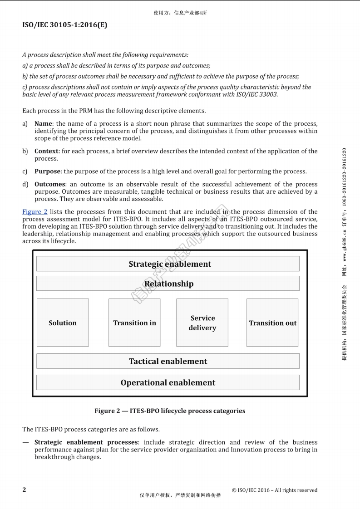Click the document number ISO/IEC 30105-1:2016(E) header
tap(64, 25)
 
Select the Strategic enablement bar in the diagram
tap(168, 264)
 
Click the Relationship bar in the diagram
tap(168, 284)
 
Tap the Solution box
tap(63, 323)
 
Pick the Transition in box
tap(134, 323)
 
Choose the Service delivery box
tap(202, 323)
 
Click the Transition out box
tap(272, 323)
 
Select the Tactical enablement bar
tap(168, 361)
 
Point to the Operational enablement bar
tap(168, 382)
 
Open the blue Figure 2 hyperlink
tap(35, 212)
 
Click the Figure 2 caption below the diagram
tap(169, 411)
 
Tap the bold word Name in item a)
tap(44, 124)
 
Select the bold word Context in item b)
tap(46, 151)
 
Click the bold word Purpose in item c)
tap(47, 171)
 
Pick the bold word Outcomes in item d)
tap(49, 184)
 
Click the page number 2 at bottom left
tap(24, 489)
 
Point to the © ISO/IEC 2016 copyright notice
tap(274, 490)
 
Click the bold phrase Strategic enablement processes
tap(86, 442)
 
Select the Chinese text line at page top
tap(180, 13)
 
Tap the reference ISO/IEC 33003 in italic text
tap(258, 94)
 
